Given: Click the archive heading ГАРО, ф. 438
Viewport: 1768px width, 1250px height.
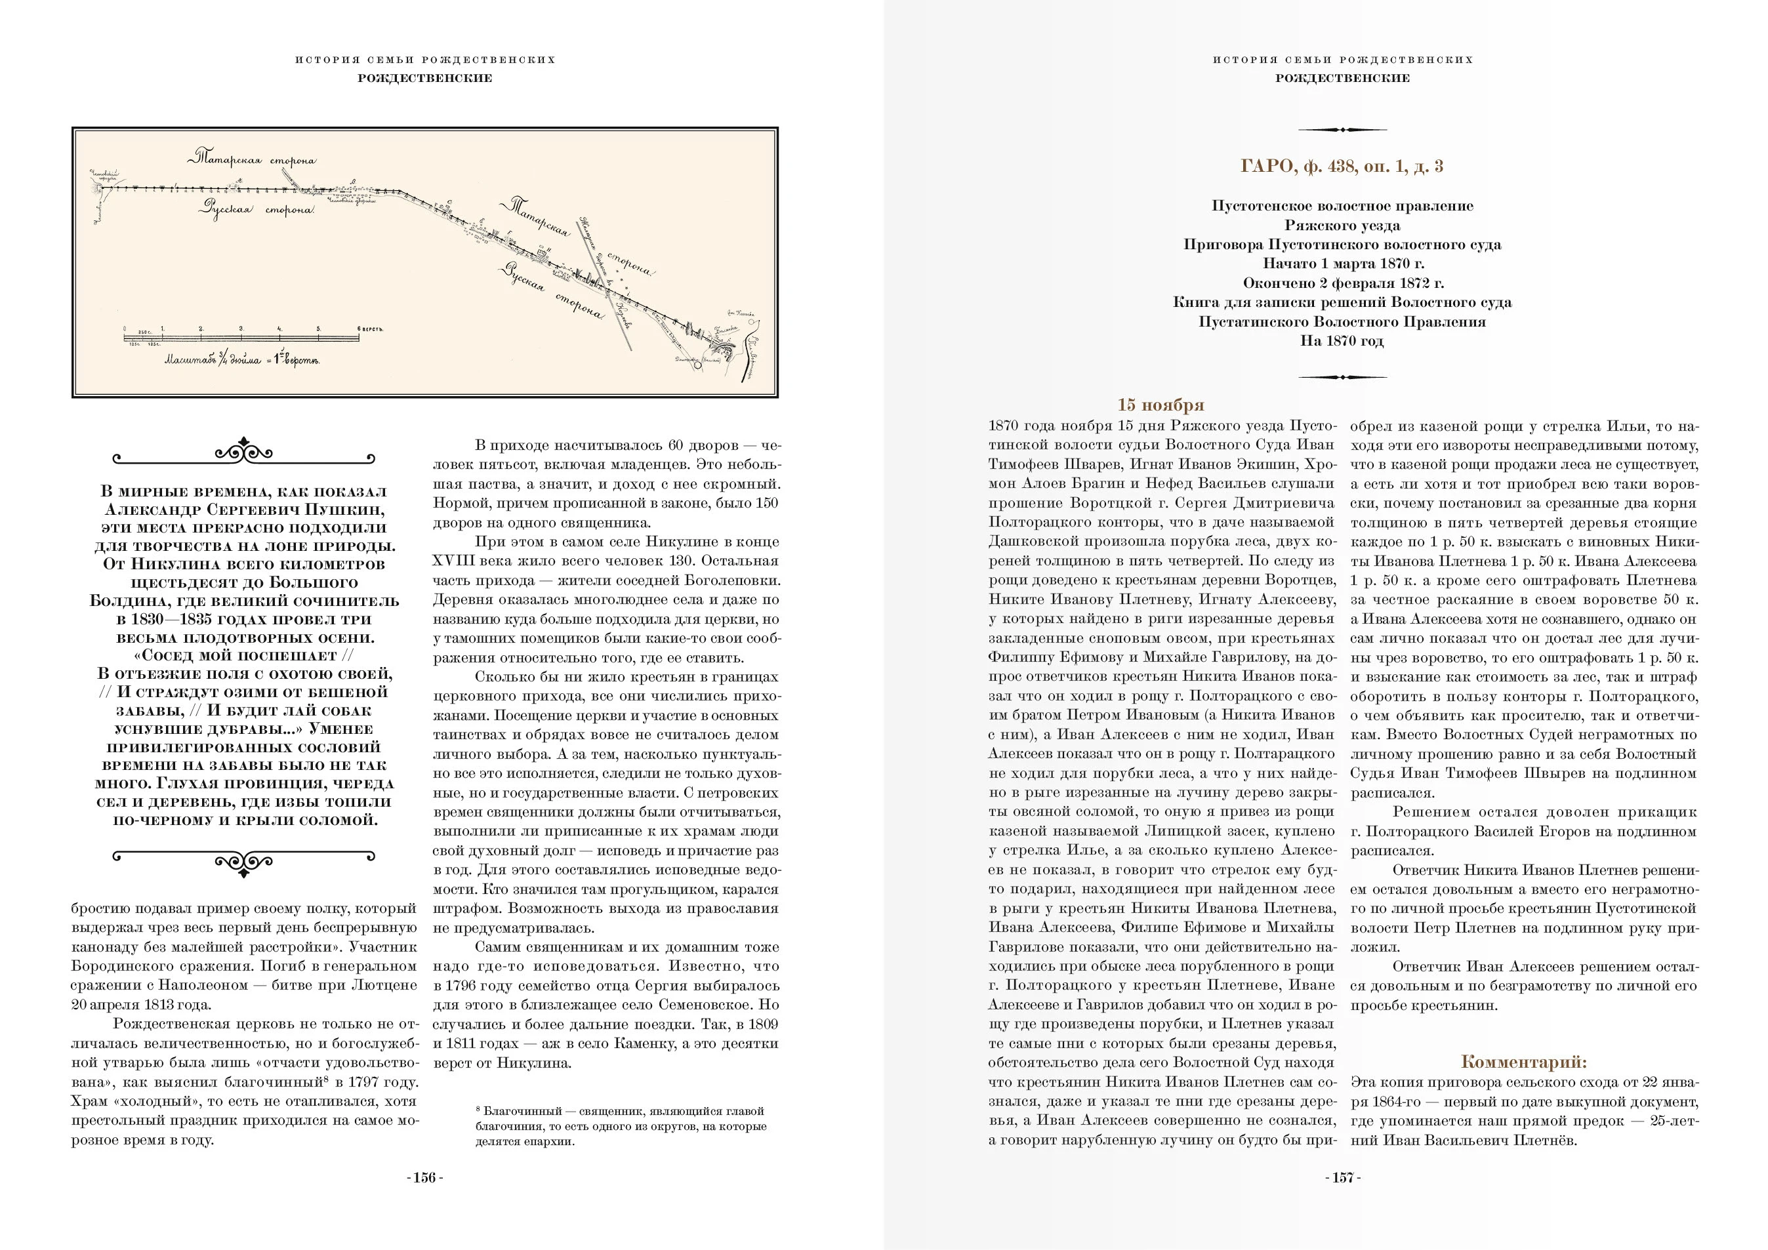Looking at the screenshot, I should click(x=1342, y=167).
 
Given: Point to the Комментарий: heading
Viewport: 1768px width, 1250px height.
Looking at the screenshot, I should click(x=1523, y=1062).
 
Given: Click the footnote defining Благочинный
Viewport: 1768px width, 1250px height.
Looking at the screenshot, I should click(x=621, y=1126).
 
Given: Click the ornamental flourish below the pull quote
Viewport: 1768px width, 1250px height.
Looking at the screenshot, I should click(x=243, y=861).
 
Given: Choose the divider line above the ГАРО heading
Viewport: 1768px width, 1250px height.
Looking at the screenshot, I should click(x=1342, y=129).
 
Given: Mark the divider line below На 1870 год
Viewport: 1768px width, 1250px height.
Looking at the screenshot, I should click(x=1342, y=377).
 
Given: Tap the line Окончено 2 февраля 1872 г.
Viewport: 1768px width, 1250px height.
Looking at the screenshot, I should click(x=1342, y=283).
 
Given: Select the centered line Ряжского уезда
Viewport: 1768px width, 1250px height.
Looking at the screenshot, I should click(x=1342, y=226).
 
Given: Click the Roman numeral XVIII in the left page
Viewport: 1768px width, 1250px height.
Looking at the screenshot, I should click(x=447, y=561).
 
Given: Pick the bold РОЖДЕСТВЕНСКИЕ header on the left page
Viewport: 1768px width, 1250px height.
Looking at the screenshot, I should click(x=424, y=78).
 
